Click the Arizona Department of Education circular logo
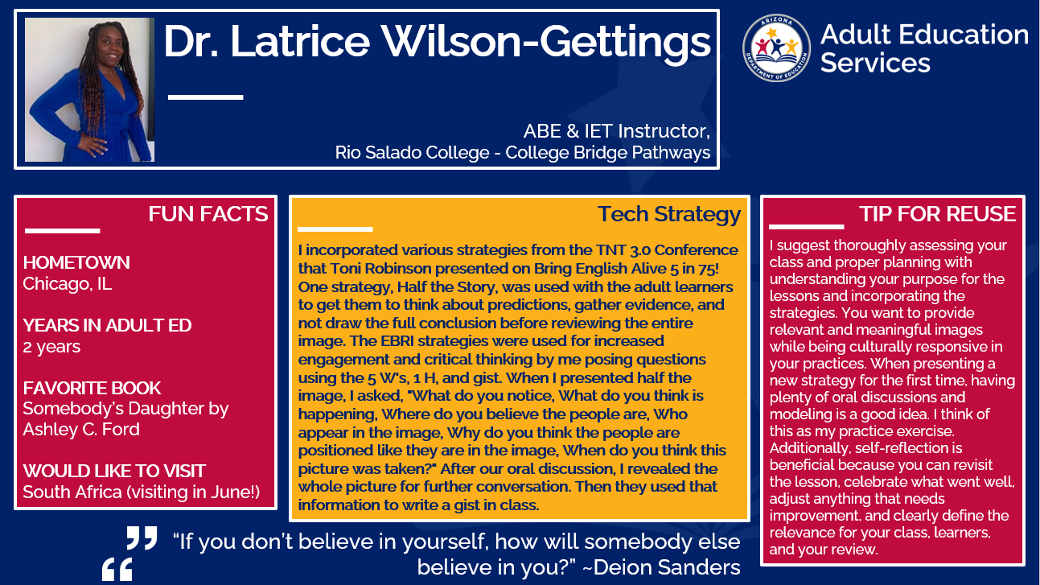pyautogui.click(x=776, y=47)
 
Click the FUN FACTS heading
pyautogui.click(x=208, y=214)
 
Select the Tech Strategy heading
pyautogui.click(x=669, y=215)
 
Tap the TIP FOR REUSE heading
pyautogui.click(x=937, y=214)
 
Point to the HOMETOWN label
pyautogui.click(x=76, y=262)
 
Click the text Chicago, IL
pyautogui.click(x=68, y=283)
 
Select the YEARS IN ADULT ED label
pyautogui.click(x=107, y=325)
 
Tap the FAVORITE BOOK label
pyautogui.click(x=92, y=388)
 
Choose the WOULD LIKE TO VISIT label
pyautogui.click(x=114, y=471)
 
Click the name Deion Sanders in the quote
pyautogui.click(x=667, y=567)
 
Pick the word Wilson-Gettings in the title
pyautogui.click(x=546, y=43)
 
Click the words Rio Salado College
pyautogui.click(x=413, y=152)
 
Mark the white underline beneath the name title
pyautogui.click(x=206, y=97)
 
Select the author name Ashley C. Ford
pyautogui.click(x=81, y=430)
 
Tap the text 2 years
pyautogui.click(x=51, y=347)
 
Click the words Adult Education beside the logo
pyautogui.click(x=924, y=35)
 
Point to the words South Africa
pyautogui.click(x=72, y=492)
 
